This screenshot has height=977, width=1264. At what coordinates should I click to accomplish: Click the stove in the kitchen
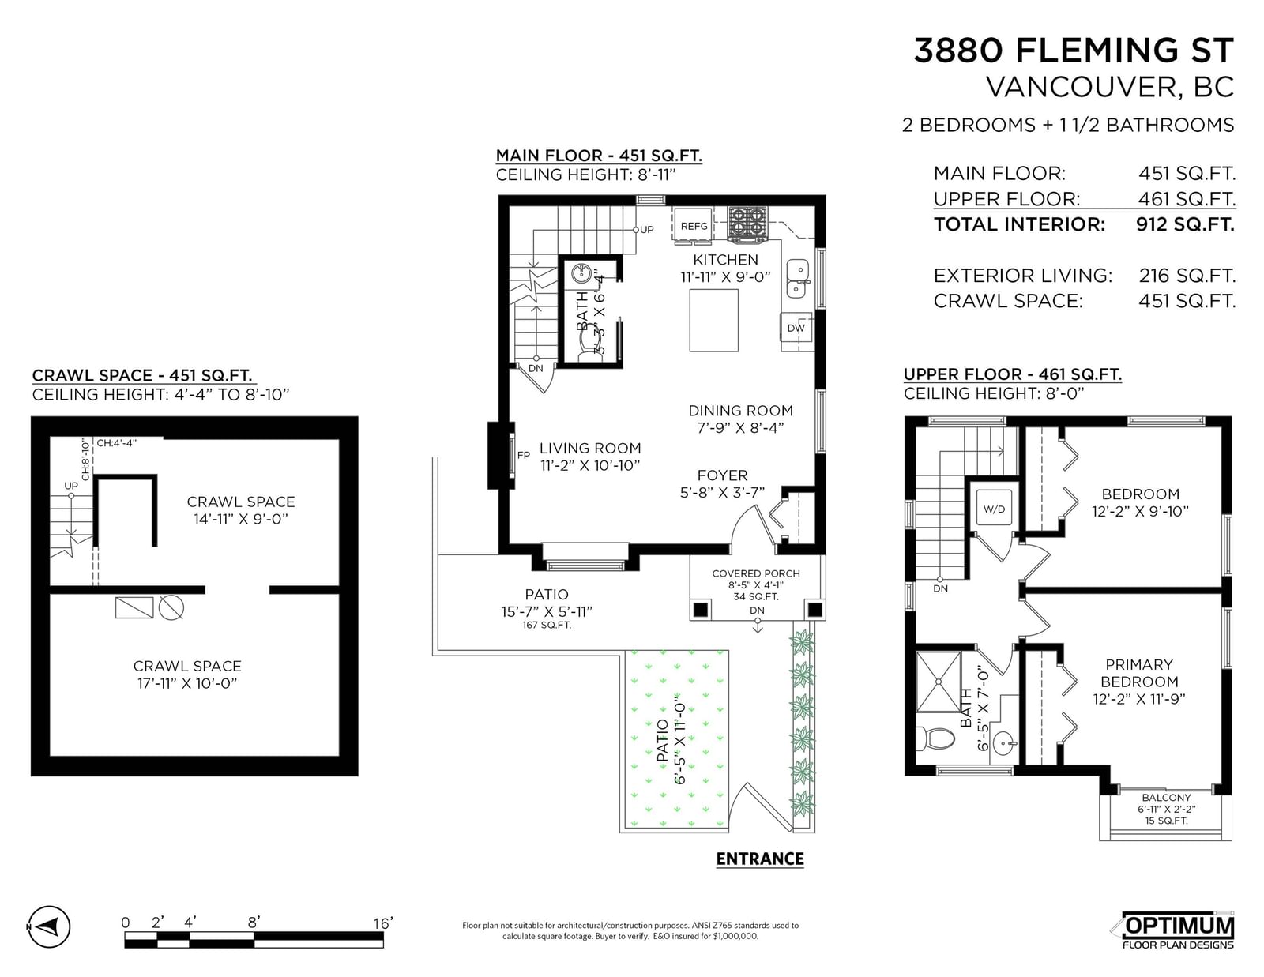747,224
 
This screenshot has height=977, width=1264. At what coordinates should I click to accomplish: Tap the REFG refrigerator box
694,225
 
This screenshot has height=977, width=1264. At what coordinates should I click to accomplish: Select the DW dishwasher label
796,328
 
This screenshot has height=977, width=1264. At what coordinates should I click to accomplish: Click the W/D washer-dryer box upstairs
994,508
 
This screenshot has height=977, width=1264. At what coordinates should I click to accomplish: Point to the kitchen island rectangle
713,321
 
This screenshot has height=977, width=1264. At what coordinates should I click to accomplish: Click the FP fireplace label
524,456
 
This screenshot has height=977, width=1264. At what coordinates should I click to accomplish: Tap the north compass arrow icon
50,926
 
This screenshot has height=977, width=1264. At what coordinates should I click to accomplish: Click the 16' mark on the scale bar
382,923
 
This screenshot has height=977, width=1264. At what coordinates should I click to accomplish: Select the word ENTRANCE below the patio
760,859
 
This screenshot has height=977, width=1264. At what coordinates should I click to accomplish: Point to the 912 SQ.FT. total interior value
1186,224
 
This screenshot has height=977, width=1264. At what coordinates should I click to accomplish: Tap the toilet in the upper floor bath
936,739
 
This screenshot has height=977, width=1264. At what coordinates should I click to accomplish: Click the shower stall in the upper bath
939,682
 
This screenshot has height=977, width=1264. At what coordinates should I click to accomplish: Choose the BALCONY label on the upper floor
1166,797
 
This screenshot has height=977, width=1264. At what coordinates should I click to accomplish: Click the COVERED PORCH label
756,573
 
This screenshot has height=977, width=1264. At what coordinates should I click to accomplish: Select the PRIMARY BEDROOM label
1139,673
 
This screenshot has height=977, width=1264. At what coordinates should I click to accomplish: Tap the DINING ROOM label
740,411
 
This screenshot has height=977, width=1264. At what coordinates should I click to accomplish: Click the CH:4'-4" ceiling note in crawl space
116,443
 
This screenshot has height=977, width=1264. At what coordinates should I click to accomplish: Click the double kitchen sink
797,279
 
